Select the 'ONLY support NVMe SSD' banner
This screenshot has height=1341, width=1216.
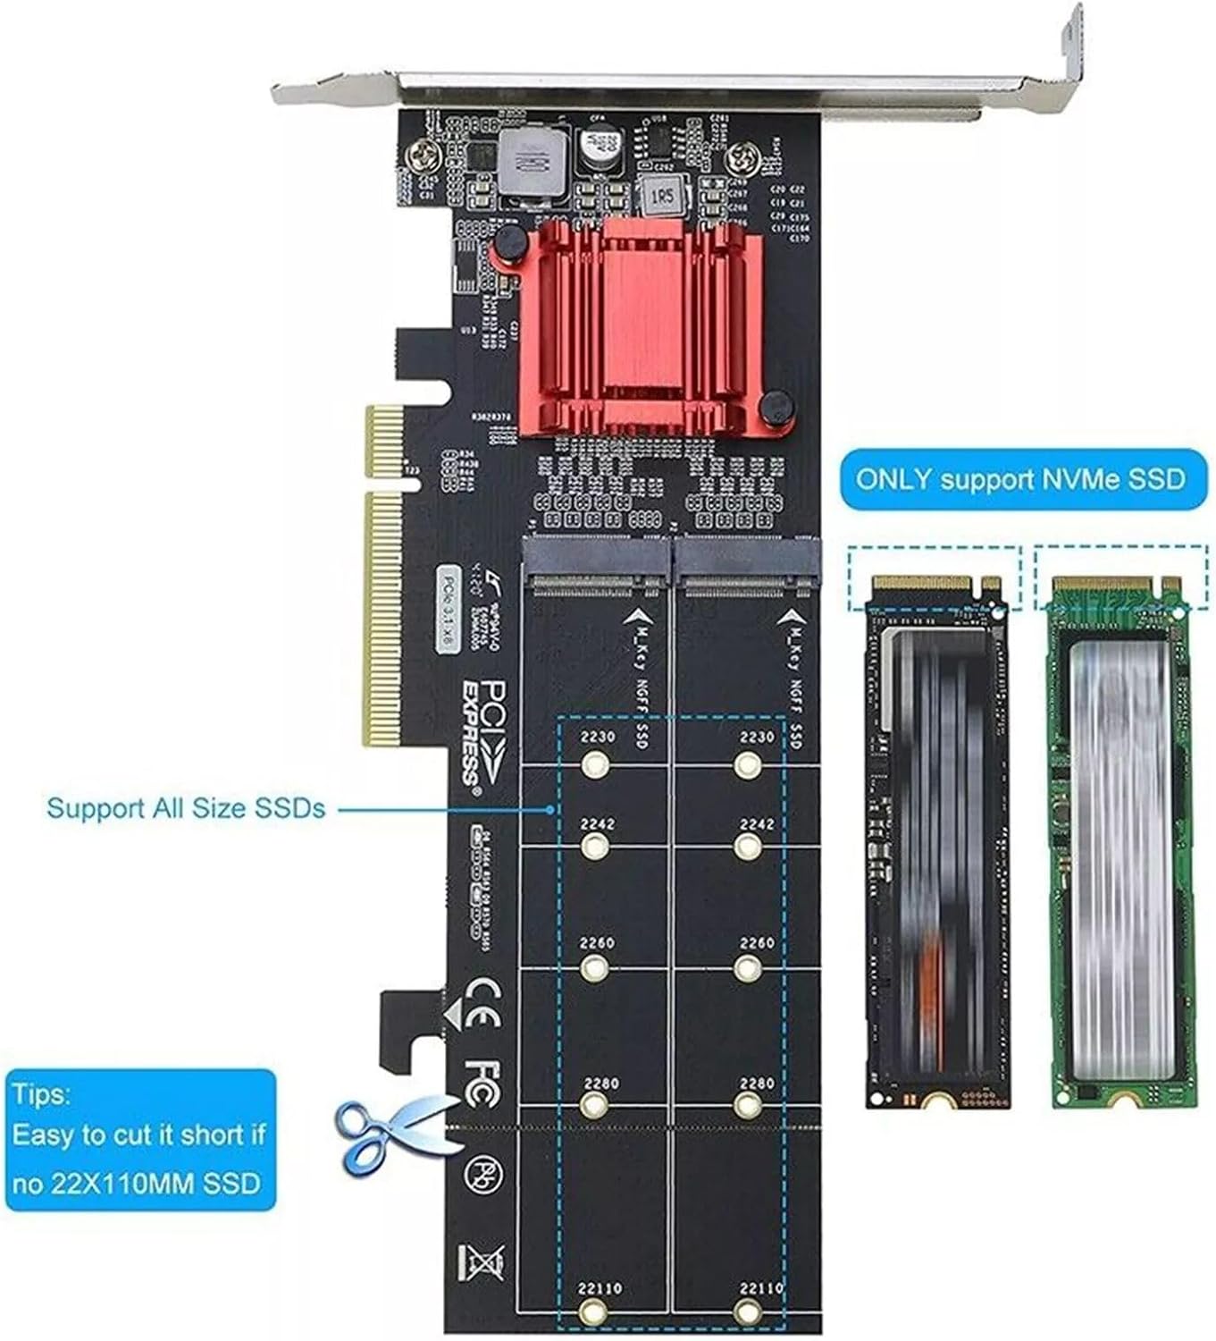pos(1019,479)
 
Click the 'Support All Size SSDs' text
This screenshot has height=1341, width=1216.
pos(186,809)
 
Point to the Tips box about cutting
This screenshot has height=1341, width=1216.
pos(139,1140)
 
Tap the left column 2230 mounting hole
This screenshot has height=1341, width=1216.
pos(594,764)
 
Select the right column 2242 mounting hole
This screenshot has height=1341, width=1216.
pos(746,846)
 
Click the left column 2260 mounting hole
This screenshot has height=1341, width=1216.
pos(594,967)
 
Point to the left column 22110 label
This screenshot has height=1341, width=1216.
pos(599,1288)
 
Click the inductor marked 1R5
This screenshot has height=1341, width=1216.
pos(662,194)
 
